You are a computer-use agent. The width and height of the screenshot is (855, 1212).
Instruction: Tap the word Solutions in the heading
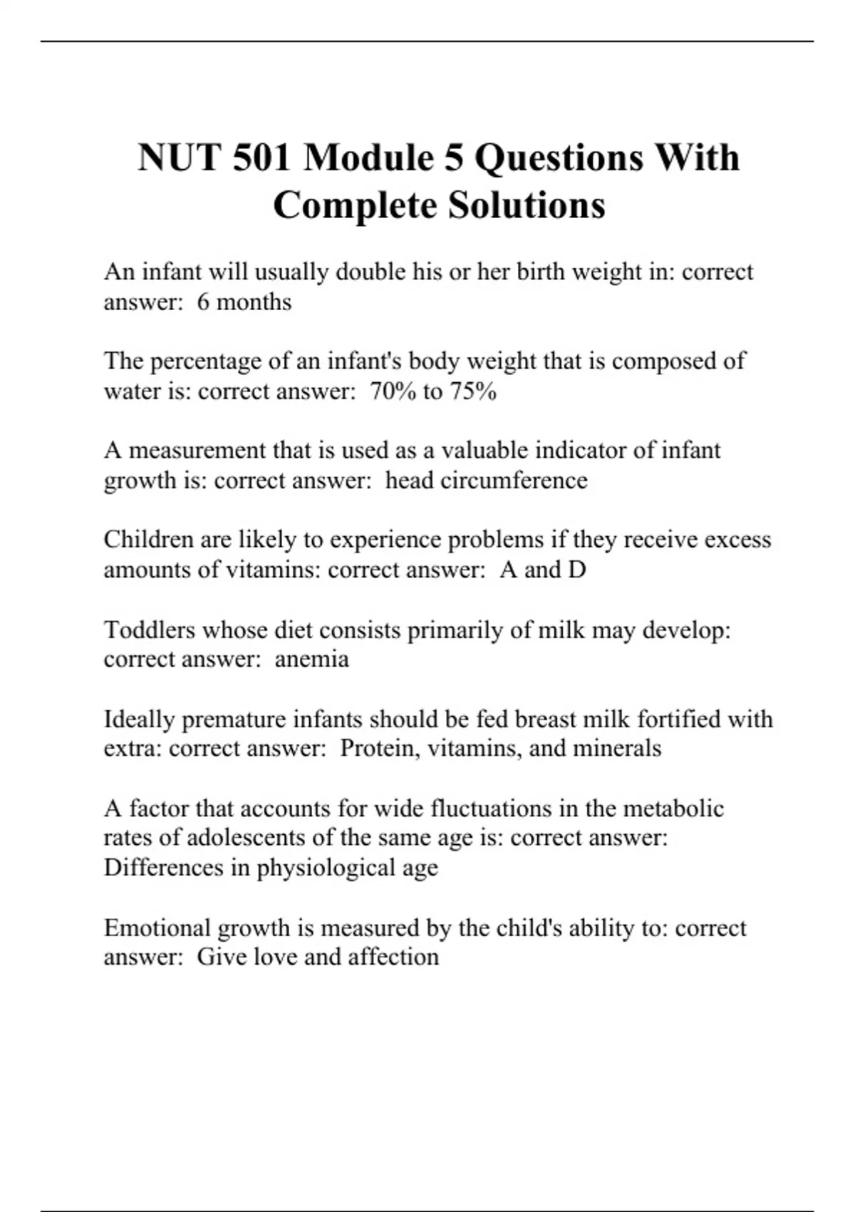click(527, 205)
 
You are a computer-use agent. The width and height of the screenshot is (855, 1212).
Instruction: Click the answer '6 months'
click(244, 302)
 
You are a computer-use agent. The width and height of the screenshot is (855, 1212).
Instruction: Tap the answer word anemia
click(311, 659)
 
